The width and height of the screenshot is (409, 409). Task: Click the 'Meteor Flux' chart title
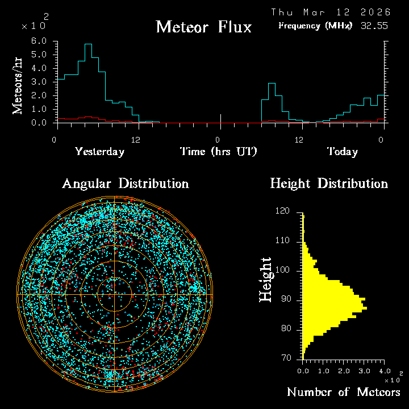(x=203, y=27)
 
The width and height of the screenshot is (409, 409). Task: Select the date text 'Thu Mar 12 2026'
(x=331, y=12)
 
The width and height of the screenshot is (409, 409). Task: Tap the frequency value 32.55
(x=373, y=26)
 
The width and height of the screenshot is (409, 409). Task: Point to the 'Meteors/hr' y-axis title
(x=18, y=85)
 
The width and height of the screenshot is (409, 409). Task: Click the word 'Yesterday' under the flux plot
(x=99, y=152)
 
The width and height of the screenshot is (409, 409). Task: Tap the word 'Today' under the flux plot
(x=342, y=152)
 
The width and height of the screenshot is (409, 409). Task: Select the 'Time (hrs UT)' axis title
(x=219, y=152)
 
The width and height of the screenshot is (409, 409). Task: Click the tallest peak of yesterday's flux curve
(x=88, y=44)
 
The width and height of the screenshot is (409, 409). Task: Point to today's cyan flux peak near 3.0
(x=272, y=84)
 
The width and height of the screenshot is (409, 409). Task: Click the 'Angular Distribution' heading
(x=126, y=183)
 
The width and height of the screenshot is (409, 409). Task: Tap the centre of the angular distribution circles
(x=115, y=295)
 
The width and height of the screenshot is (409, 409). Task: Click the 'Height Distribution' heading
(x=329, y=183)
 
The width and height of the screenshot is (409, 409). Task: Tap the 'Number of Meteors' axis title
(x=343, y=393)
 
